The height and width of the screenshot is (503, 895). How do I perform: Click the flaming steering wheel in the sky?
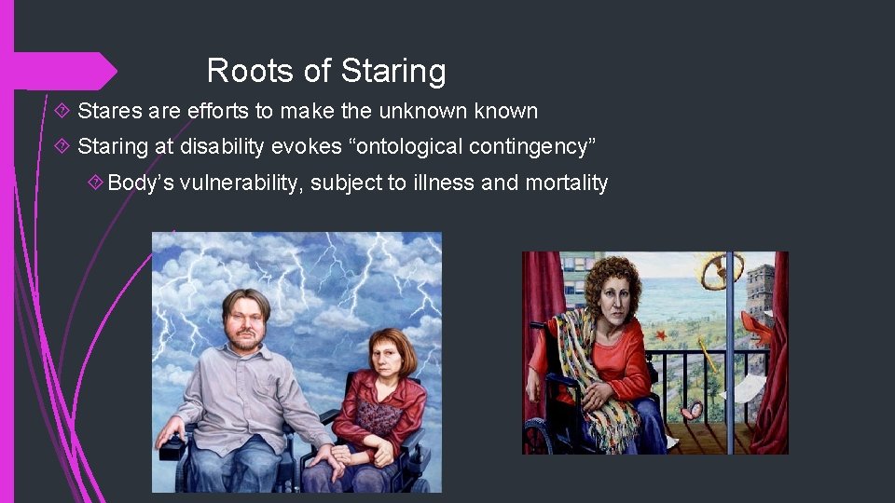coord(723,269)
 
